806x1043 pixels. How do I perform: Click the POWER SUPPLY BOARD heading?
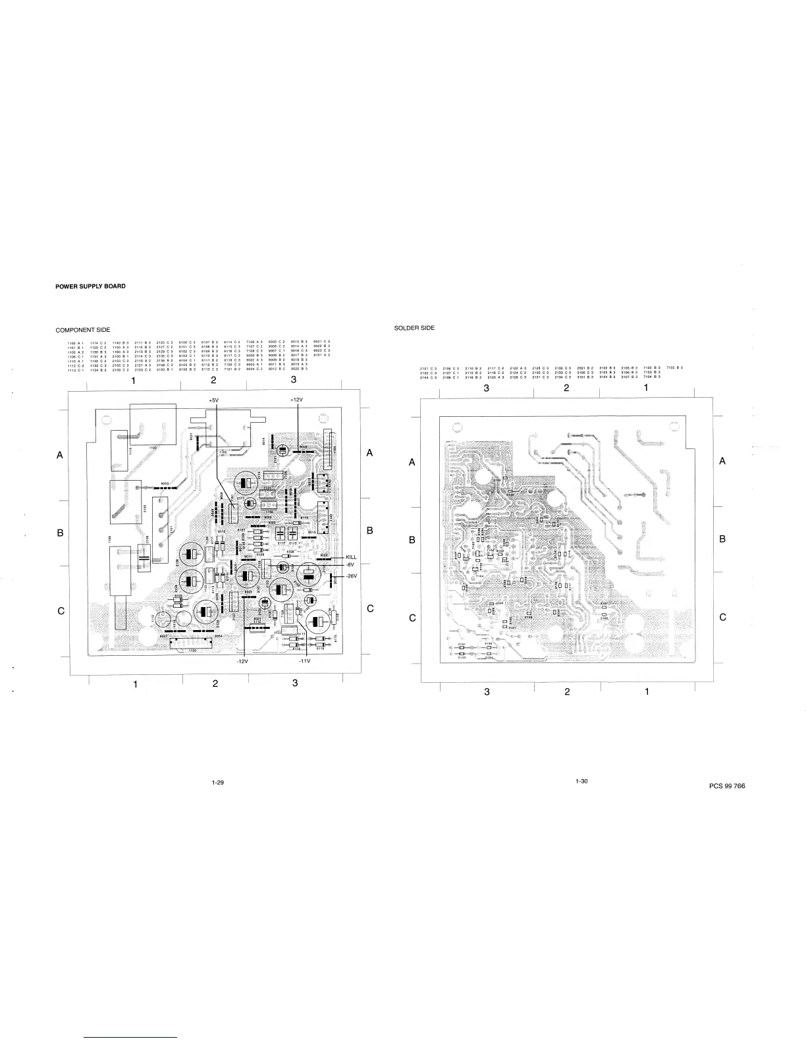[90, 286]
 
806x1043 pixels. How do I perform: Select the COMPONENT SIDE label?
[83, 330]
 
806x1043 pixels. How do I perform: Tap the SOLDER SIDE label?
[414, 328]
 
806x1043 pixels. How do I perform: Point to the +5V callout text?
[213, 400]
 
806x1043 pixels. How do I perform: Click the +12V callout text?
[296, 400]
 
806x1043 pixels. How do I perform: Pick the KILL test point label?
[351, 558]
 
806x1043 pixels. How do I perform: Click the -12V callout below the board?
[244, 662]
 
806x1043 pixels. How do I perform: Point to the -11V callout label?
[304, 662]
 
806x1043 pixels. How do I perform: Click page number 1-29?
[218, 782]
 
